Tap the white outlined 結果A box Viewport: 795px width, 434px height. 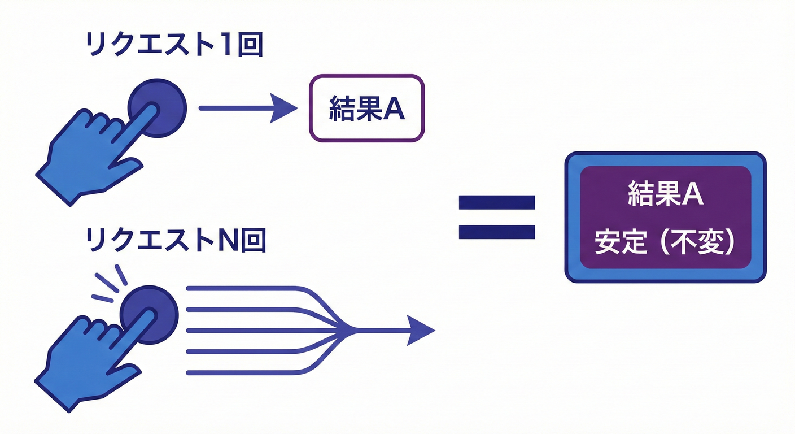tap(366, 108)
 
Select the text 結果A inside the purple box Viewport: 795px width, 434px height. tap(665, 195)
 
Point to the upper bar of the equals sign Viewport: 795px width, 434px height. tap(496, 202)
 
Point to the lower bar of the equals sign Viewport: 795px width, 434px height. tap(496, 232)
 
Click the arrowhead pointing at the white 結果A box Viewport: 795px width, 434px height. tap(283, 107)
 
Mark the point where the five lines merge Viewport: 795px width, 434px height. tap(353, 330)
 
